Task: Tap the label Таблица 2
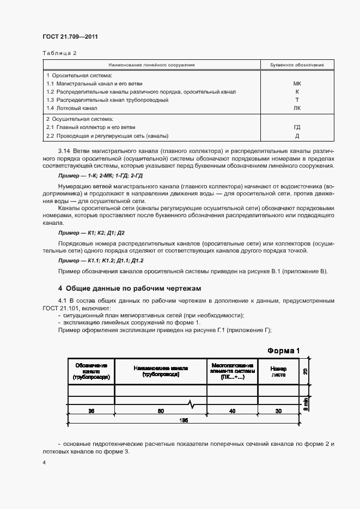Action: [59, 53]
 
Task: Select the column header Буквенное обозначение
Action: [297, 65]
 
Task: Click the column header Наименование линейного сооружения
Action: [152, 65]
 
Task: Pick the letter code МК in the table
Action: [297, 84]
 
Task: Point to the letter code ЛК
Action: [297, 108]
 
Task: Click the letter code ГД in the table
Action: [297, 127]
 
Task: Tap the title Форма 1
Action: [283, 351]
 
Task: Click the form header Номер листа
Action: [278, 372]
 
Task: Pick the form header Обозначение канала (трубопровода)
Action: [91, 372]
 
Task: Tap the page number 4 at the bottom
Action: [44, 463]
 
